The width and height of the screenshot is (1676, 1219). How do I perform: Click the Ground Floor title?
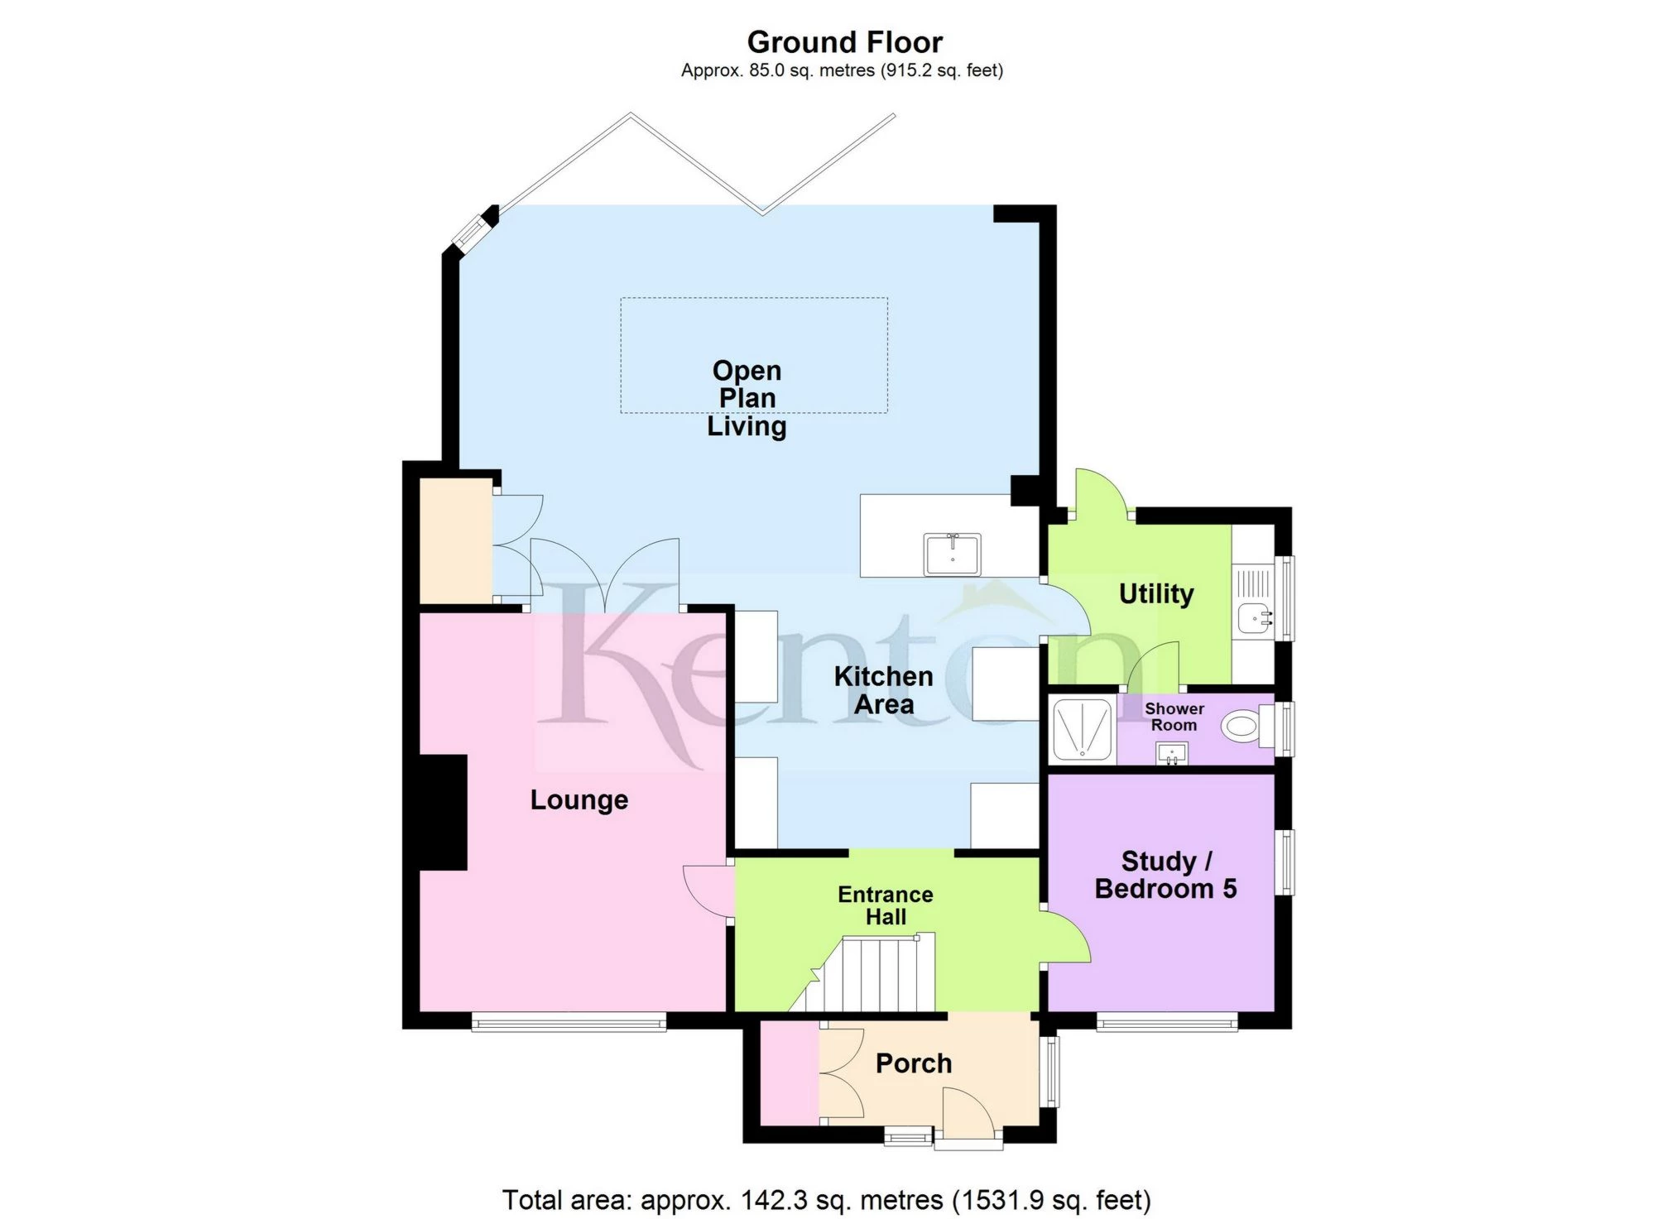844,42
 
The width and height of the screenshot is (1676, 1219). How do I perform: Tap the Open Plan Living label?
747,398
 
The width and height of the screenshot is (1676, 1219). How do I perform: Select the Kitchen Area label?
883,690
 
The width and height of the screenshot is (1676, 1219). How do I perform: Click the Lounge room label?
579,799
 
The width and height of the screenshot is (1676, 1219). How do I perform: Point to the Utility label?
1155,593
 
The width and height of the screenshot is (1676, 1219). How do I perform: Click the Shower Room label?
1174,717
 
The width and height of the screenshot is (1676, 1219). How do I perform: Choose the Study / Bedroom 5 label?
1165,875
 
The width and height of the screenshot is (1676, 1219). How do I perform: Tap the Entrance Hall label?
885,905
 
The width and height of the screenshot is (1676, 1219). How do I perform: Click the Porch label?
914,1063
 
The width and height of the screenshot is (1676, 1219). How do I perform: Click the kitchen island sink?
953,554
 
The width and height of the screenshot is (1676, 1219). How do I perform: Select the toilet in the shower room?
1244,727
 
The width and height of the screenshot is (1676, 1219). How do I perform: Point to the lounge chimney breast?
444,812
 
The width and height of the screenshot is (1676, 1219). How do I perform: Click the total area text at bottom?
826,1199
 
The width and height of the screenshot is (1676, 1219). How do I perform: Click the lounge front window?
569,1023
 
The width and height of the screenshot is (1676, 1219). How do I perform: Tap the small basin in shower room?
1171,754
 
